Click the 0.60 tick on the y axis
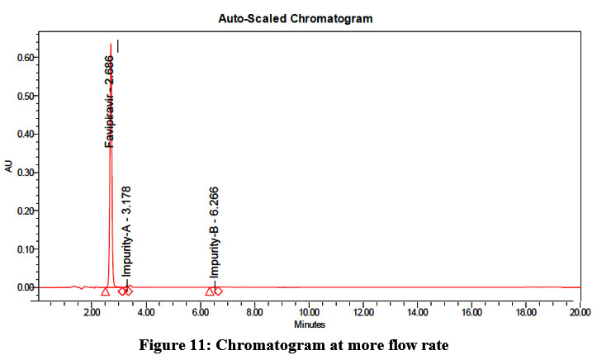tap(23, 58)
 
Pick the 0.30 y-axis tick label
tap(23, 173)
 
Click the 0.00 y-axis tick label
tap(23, 287)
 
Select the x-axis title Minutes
tap(309, 324)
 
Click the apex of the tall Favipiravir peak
tap(111, 45)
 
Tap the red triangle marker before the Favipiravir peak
tap(105, 291)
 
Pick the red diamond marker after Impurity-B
tap(218, 291)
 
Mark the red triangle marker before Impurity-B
tap(209, 291)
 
